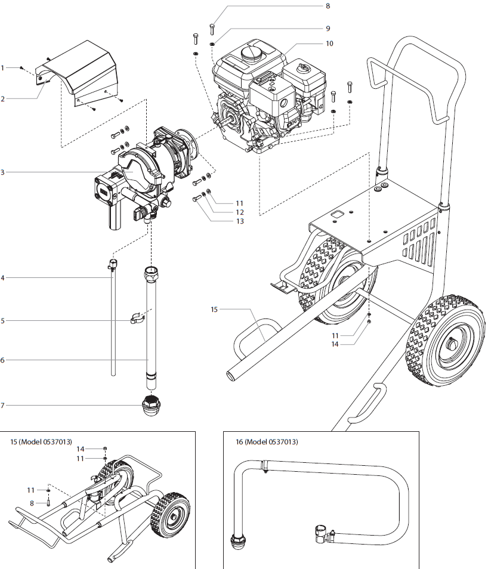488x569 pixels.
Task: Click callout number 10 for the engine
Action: click(x=329, y=44)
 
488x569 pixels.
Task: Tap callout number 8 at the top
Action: click(x=328, y=6)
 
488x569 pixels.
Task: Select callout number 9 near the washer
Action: click(x=328, y=28)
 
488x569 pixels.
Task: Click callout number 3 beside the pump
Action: click(x=3, y=172)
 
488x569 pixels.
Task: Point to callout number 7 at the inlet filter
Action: click(x=3, y=406)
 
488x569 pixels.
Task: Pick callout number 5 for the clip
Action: click(x=3, y=321)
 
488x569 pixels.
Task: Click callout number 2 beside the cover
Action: click(x=3, y=98)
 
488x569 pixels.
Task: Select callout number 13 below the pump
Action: click(x=240, y=221)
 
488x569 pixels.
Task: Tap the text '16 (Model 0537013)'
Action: click(x=267, y=442)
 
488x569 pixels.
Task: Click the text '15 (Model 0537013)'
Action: click(x=41, y=442)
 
